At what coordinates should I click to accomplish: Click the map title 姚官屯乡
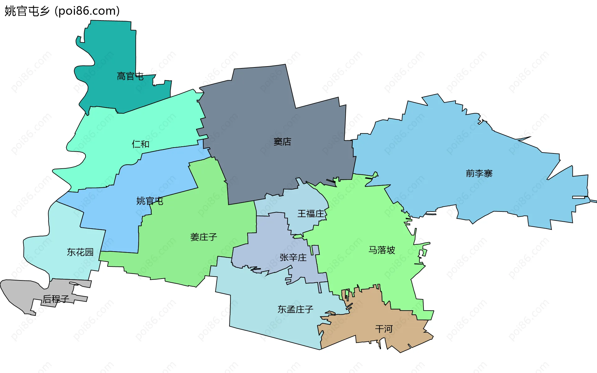(x=27, y=11)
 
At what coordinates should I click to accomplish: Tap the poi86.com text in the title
(x=87, y=11)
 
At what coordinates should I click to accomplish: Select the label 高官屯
(x=130, y=76)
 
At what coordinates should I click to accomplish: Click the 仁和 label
(x=141, y=144)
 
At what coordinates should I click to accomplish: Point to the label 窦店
(x=282, y=142)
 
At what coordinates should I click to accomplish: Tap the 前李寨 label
(x=479, y=173)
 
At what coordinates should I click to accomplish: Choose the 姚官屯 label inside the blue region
(x=150, y=201)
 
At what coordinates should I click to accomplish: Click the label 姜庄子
(x=204, y=237)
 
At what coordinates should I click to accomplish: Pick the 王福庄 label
(x=311, y=214)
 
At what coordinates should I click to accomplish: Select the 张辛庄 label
(x=293, y=257)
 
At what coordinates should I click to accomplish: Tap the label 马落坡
(x=382, y=250)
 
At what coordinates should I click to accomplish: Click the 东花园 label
(x=80, y=252)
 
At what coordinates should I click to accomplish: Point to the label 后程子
(x=56, y=299)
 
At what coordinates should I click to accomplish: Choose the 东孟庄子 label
(x=295, y=309)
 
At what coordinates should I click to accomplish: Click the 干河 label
(x=384, y=329)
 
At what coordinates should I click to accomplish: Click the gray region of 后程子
(x=19, y=292)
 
